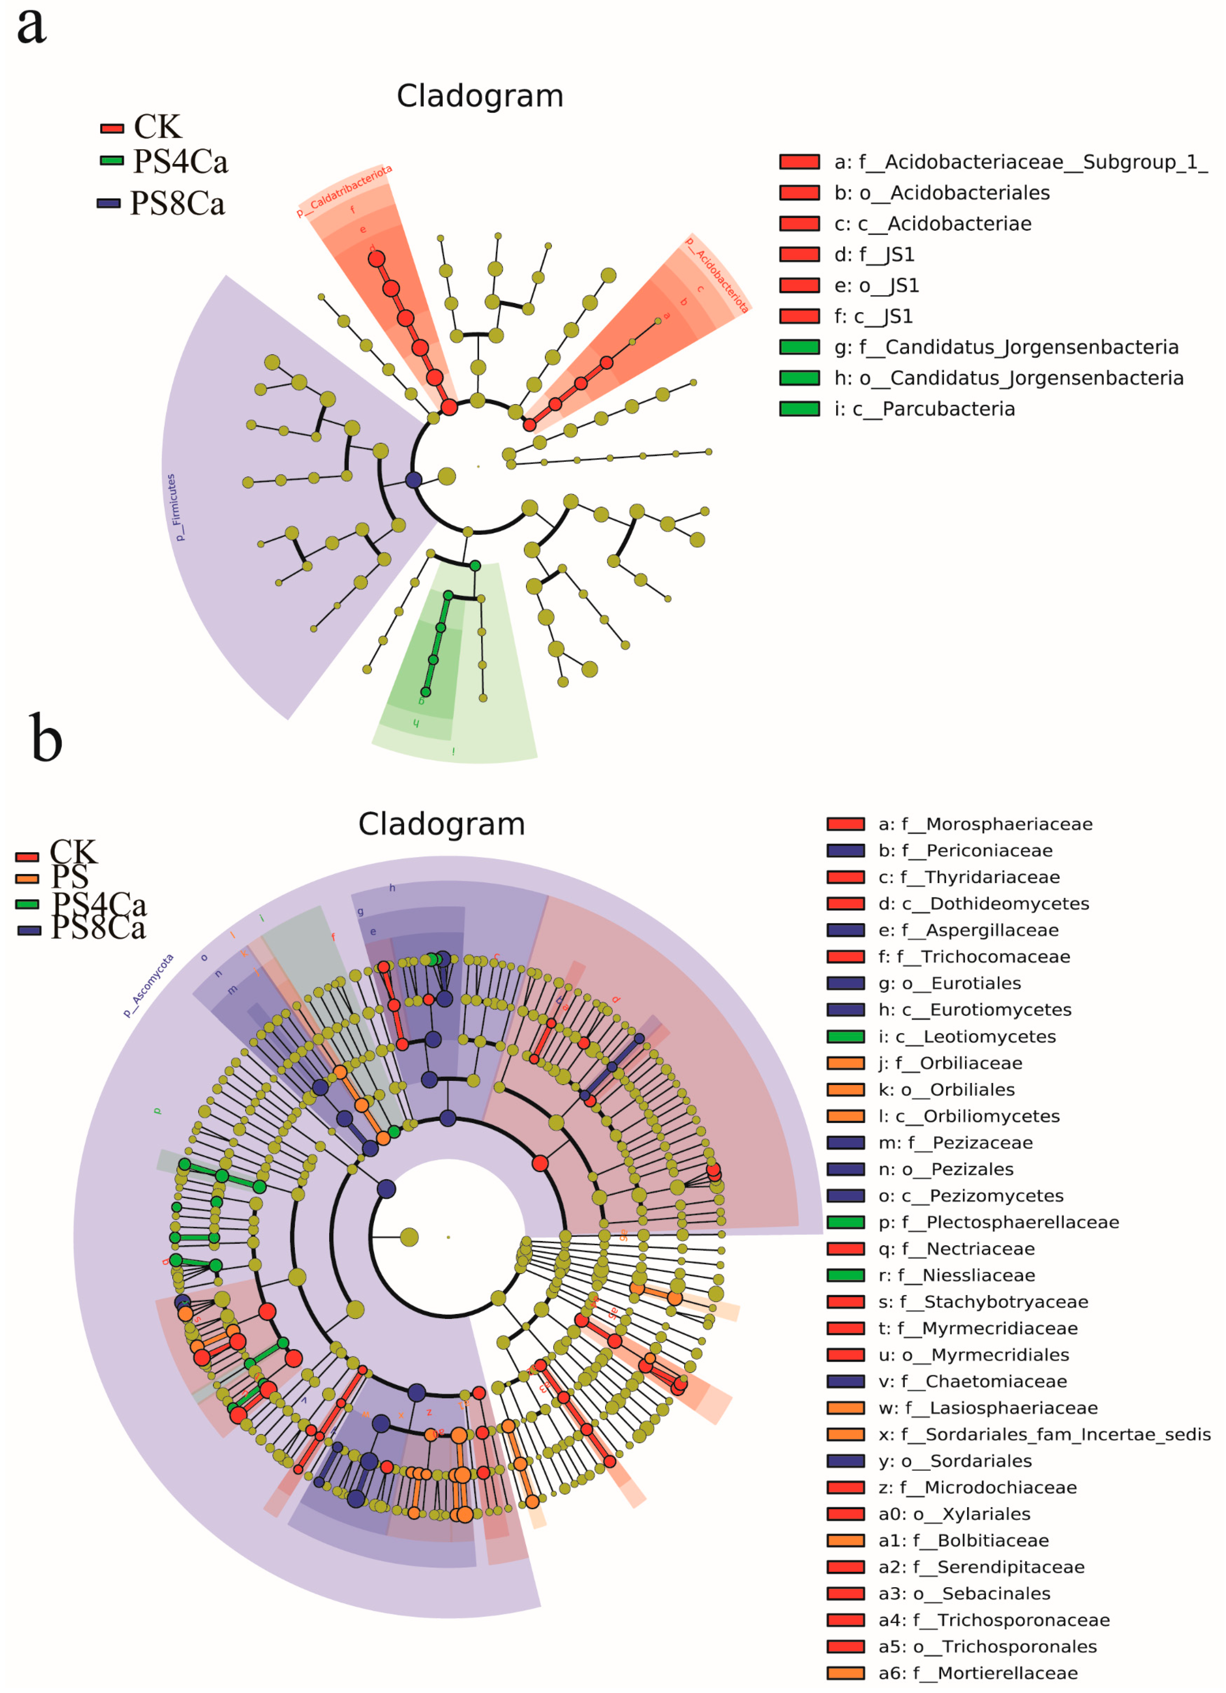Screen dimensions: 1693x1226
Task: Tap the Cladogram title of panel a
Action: pos(480,96)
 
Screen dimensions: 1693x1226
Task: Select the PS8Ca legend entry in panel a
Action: pos(177,203)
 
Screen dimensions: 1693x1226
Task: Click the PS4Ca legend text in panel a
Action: pos(180,161)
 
